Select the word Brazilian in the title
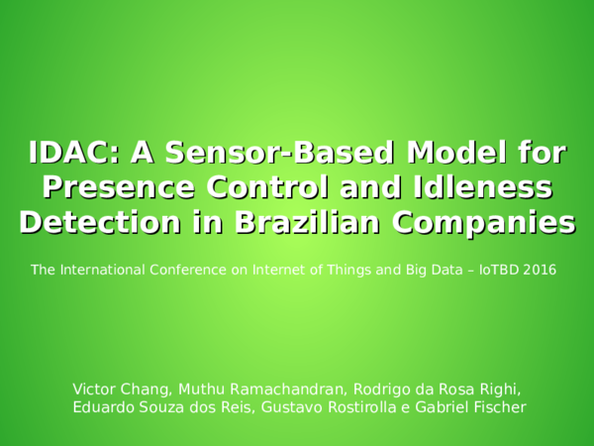(304, 221)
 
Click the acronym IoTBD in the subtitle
(500, 270)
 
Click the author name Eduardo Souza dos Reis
(158, 407)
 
